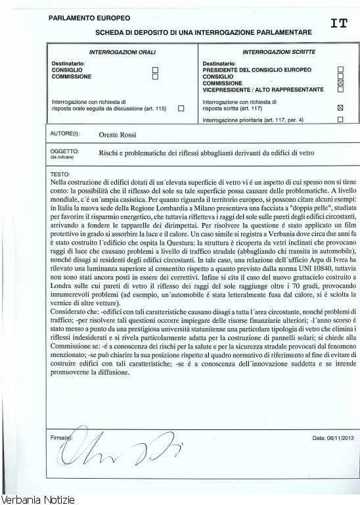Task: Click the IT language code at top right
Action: click(x=339, y=24)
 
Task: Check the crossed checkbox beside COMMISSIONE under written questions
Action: click(x=340, y=84)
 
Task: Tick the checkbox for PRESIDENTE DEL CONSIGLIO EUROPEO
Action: click(x=340, y=69)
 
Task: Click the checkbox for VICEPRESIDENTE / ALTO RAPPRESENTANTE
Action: click(x=340, y=90)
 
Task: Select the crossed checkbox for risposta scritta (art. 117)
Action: click(x=340, y=107)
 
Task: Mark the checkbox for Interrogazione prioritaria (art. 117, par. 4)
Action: click(x=340, y=120)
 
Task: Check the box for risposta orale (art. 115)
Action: click(x=181, y=107)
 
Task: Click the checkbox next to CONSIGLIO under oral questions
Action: click(x=155, y=70)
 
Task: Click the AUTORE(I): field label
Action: click(x=65, y=134)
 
